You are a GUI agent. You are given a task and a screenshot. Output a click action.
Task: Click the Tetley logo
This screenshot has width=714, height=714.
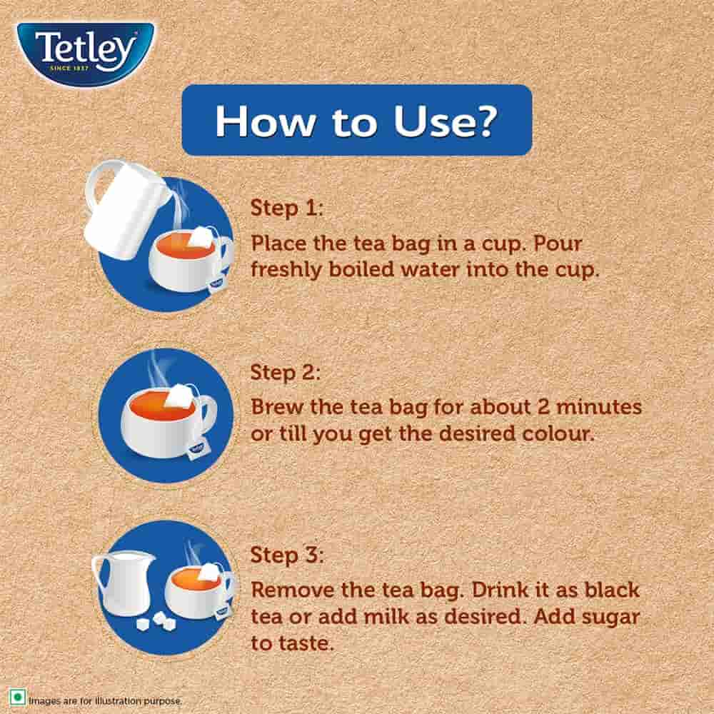[86, 51]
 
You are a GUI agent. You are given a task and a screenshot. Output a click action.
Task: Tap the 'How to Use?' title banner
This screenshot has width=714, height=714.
[356, 121]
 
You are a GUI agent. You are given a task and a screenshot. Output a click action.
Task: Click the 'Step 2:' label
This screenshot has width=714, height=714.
[286, 373]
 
